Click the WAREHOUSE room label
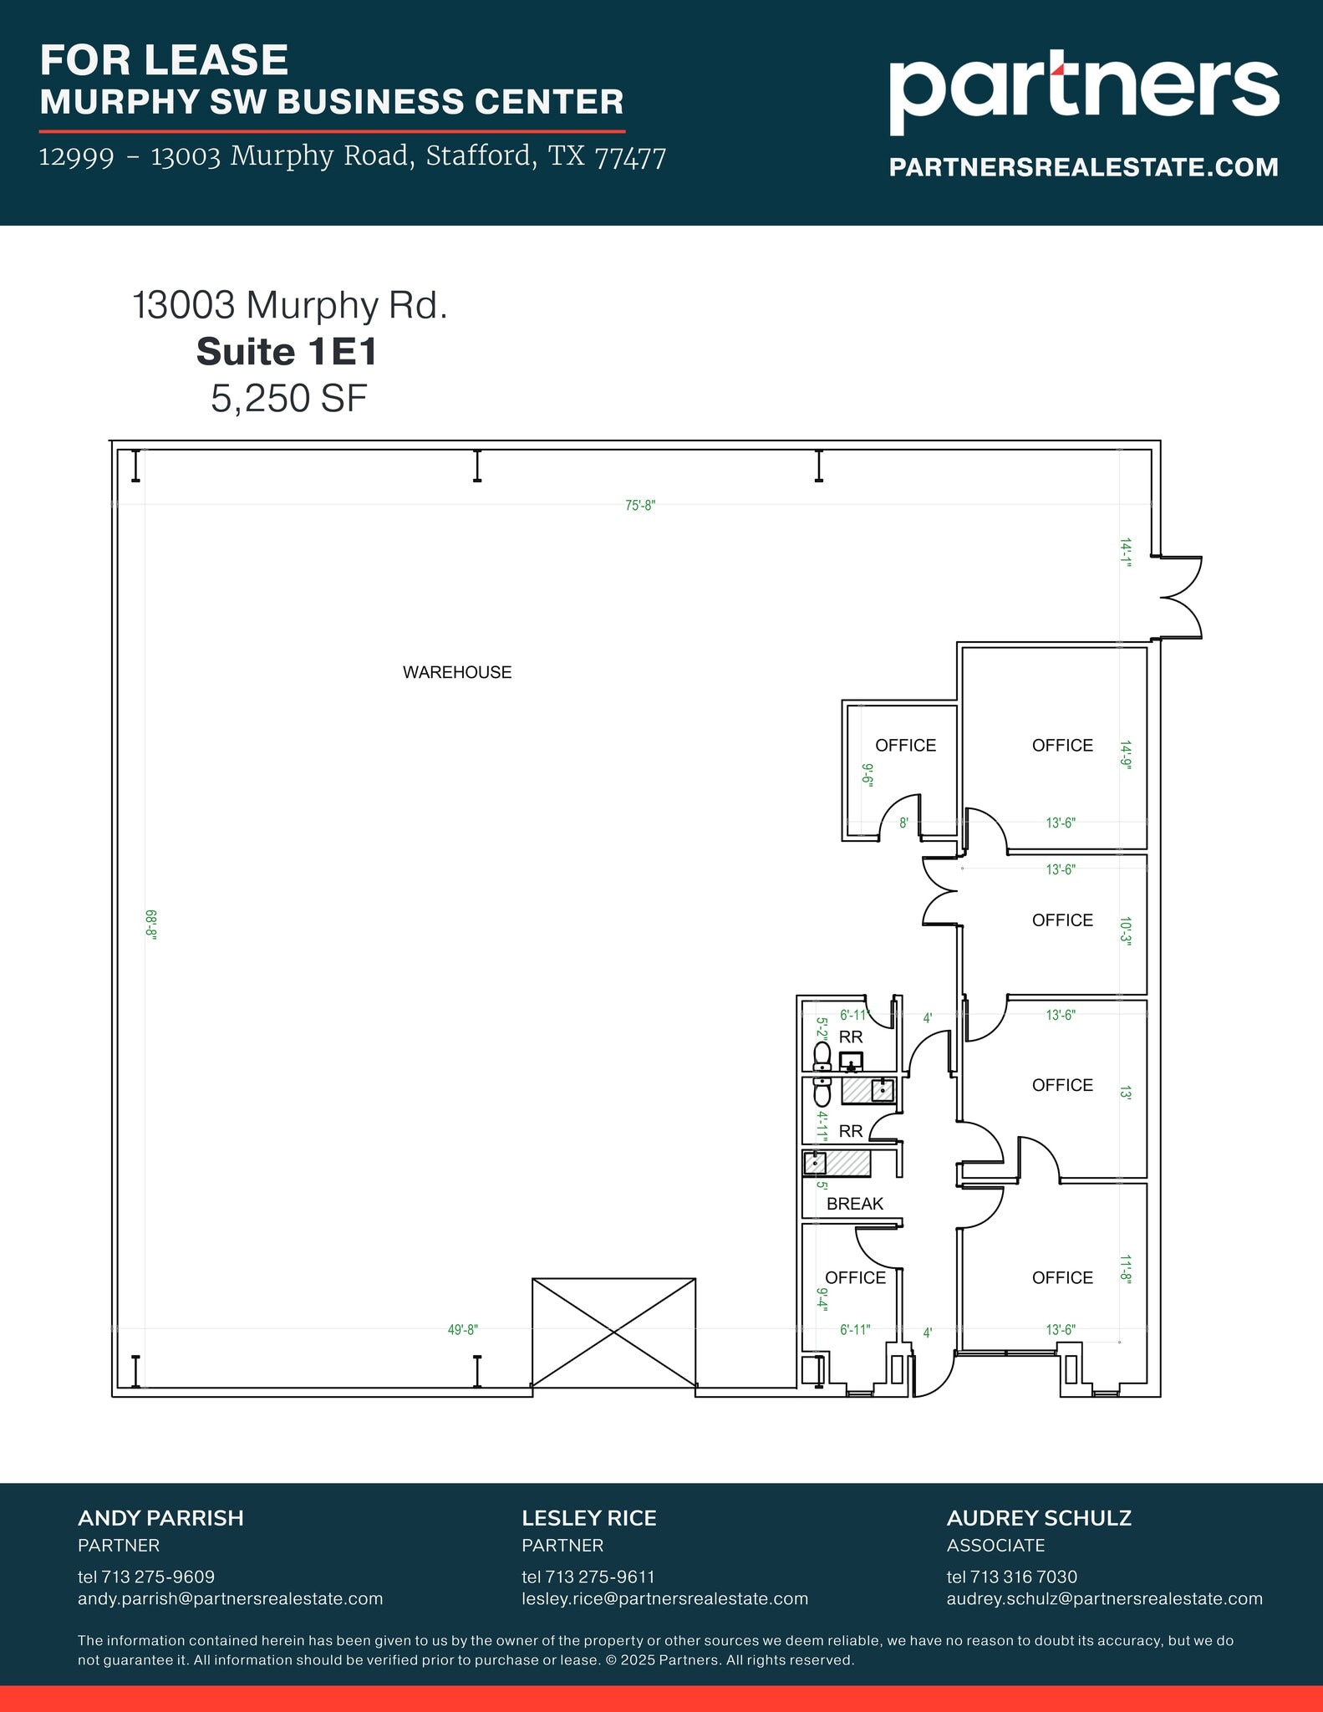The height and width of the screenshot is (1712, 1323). click(x=456, y=672)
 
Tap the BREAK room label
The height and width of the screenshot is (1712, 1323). click(x=854, y=1204)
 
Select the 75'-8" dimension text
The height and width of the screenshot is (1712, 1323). click(x=640, y=506)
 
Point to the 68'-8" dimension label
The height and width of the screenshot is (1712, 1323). click(x=151, y=925)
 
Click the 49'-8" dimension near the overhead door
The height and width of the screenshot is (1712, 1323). click(x=462, y=1330)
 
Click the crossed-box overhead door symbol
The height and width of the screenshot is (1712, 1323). click(x=613, y=1332)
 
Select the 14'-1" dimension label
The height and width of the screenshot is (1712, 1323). click(x=1126, y=553)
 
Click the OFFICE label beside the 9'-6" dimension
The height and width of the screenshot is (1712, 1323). click(x=905, y=746)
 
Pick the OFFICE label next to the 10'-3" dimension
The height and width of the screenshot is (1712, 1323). click(x=1061, y=920)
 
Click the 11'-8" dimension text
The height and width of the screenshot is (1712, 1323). click(x=1126, y=1269)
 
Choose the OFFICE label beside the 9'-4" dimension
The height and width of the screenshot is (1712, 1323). click(x=854, y=1277)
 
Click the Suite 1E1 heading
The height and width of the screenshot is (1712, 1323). click(x=287, y=352)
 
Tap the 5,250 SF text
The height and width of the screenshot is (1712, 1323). click(x=288, y=398)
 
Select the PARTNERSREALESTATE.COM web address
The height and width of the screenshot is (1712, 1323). click(x=1083, y=167)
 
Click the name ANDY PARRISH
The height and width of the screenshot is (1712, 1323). click(x=160, y=1518)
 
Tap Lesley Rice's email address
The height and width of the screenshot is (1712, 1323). click(x=664, y=1598)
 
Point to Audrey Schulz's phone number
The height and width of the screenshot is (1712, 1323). click(x=1011, y=1577)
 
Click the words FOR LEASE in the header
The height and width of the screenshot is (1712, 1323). click(x=164, y=60)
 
